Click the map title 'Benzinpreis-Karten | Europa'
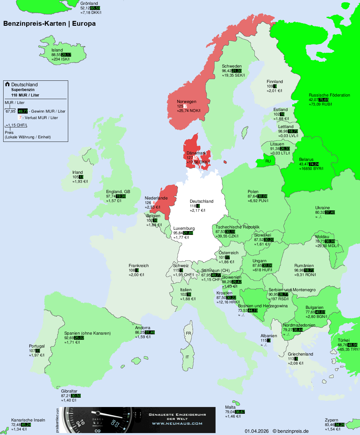(49, 23)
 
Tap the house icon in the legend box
(7, 84)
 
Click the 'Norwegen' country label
(187, 102)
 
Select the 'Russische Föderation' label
(329, 95)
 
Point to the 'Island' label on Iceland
(57, 50)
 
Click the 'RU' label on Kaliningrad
(268, 161)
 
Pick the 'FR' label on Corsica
(188, 333)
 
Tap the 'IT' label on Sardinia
(187, 357)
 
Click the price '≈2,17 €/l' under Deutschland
(198, 210)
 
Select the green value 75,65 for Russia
(324, 100)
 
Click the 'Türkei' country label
(344, 340)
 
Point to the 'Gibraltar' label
(69, 391)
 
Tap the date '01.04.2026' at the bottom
(256, 431)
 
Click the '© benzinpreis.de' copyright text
(291, 431)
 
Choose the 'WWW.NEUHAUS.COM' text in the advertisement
(177, 423)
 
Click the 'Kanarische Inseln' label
(28, 420)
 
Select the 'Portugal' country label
(37, 346)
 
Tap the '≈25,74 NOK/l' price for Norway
(189, 111)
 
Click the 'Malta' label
(230, 407)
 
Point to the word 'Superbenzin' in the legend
(23, 90)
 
